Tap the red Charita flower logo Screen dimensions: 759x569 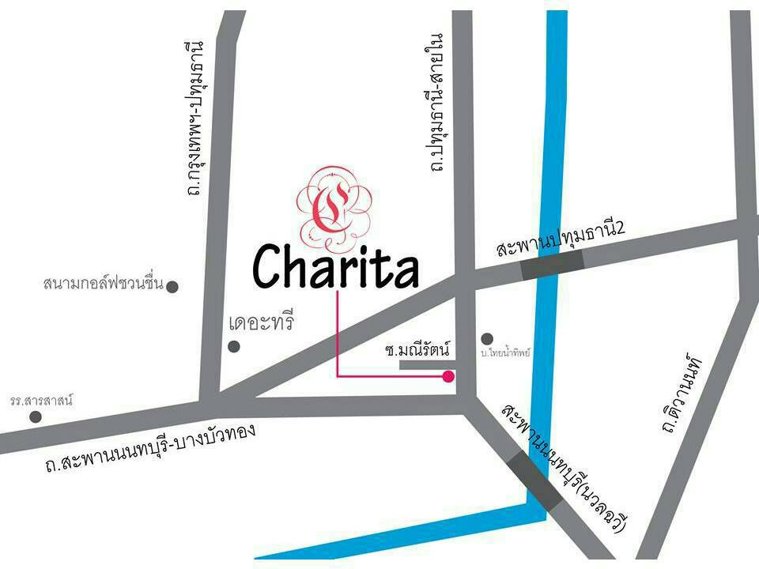pos(331,205)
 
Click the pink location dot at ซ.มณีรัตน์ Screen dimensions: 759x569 pos(448,376)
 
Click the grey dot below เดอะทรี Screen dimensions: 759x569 pos(233,346)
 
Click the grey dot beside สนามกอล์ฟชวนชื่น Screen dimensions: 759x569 pos(172,286)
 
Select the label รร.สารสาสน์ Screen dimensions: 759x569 pos(41,400)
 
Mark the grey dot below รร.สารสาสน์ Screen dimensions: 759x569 pos(36,416)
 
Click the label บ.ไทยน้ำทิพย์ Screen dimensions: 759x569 pos(506,352)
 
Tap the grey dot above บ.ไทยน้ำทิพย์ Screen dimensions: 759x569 pos(487,338)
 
